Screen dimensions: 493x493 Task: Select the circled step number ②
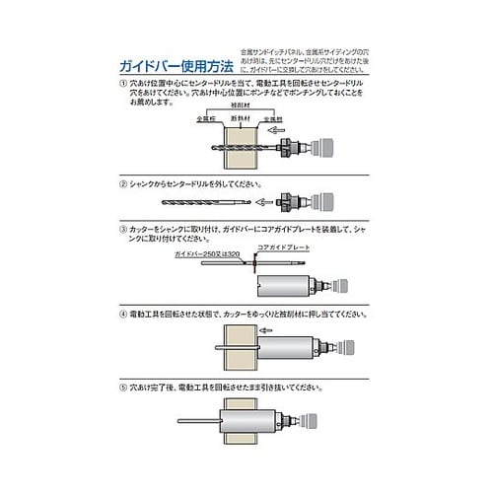[121, 184]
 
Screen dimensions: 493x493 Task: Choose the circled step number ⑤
[121, 389]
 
